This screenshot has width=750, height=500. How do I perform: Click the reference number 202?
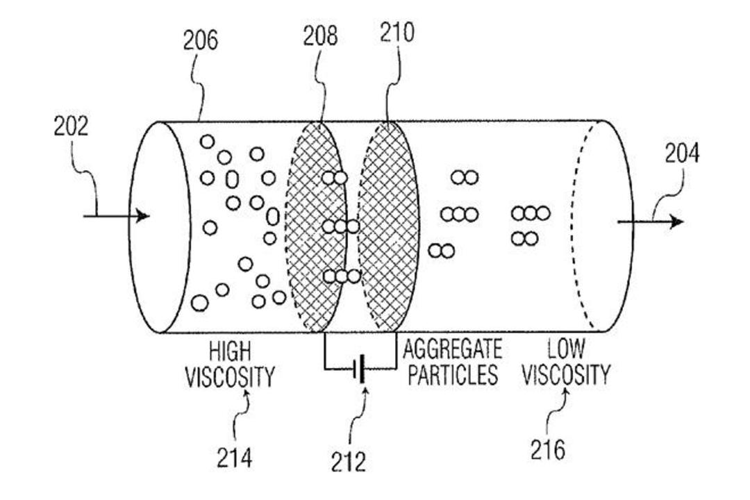[71, 127]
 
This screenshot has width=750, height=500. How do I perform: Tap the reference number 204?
[682, 153]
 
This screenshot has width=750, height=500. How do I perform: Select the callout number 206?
[201, 40]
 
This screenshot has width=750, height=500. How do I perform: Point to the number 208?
[320, 36]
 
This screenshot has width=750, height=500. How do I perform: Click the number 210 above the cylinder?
[397, 33]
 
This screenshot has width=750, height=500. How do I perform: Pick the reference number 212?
[348, 462]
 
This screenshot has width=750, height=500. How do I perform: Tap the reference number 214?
[235, 458]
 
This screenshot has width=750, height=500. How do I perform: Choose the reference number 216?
[548, 449]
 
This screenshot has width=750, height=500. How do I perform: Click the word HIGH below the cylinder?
[230, 351]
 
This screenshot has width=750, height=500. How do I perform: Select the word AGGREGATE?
[453, 349]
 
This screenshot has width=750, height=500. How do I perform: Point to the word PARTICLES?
[453, 374]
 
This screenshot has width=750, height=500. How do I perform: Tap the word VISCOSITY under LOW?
[566, 374]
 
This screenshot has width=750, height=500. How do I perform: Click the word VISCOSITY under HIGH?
[230, 377]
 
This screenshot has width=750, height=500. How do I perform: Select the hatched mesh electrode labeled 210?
[388, 226]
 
